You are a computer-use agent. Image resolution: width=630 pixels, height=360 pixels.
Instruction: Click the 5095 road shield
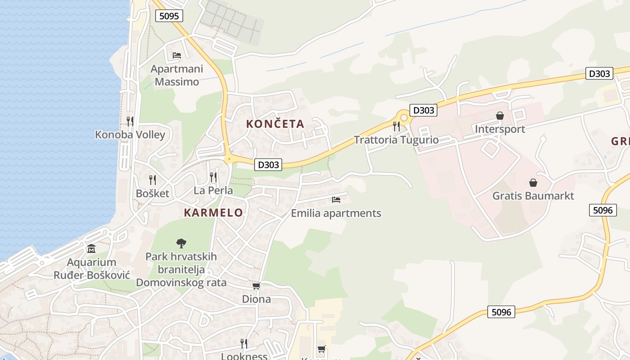169,16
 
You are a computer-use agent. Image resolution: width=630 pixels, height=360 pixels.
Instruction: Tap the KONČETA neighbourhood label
275,124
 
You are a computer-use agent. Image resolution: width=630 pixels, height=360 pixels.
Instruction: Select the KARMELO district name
213,213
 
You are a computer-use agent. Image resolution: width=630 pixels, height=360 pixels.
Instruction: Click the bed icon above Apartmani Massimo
177,55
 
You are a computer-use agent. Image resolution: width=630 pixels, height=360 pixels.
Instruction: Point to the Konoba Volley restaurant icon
130,121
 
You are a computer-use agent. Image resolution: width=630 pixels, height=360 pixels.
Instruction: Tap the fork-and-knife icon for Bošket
153,180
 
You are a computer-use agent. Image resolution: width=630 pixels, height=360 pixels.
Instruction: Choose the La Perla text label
213,190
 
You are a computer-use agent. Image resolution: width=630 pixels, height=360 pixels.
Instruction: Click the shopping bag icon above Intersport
499,116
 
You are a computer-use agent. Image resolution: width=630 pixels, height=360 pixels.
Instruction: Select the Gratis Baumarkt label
533,196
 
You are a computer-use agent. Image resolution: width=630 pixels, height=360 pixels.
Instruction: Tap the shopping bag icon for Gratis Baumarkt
533,183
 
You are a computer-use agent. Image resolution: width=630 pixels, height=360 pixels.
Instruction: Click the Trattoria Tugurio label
396,139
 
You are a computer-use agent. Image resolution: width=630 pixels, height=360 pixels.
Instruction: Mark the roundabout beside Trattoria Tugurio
404,118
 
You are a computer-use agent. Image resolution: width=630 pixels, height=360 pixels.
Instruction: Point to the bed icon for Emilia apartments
336,200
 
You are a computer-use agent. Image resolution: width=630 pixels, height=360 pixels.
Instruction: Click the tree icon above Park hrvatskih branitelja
181,243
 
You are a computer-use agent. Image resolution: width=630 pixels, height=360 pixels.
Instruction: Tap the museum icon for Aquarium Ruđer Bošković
91,249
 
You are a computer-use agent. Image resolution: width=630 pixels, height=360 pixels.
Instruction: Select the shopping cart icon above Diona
256,286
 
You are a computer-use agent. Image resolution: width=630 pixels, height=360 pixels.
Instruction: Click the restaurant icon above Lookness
244,344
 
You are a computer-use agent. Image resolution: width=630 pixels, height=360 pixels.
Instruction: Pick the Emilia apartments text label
336,213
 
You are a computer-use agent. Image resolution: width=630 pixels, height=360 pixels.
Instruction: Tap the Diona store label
256,299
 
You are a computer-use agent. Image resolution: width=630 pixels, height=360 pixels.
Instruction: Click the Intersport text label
500,129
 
